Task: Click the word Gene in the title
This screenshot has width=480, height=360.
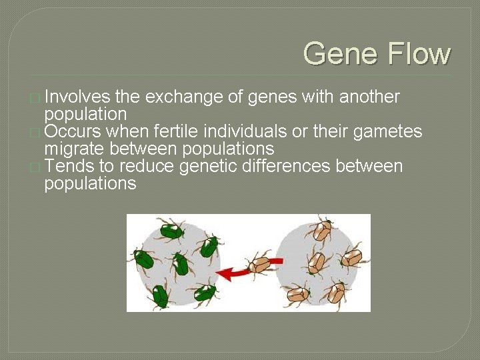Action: click(x=337, y=53)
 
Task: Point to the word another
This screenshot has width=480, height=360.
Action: click(x=369, y=97)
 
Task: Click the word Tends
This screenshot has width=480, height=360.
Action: click(x=69, y=165)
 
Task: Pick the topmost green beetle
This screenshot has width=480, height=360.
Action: click(x=171, y=230)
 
